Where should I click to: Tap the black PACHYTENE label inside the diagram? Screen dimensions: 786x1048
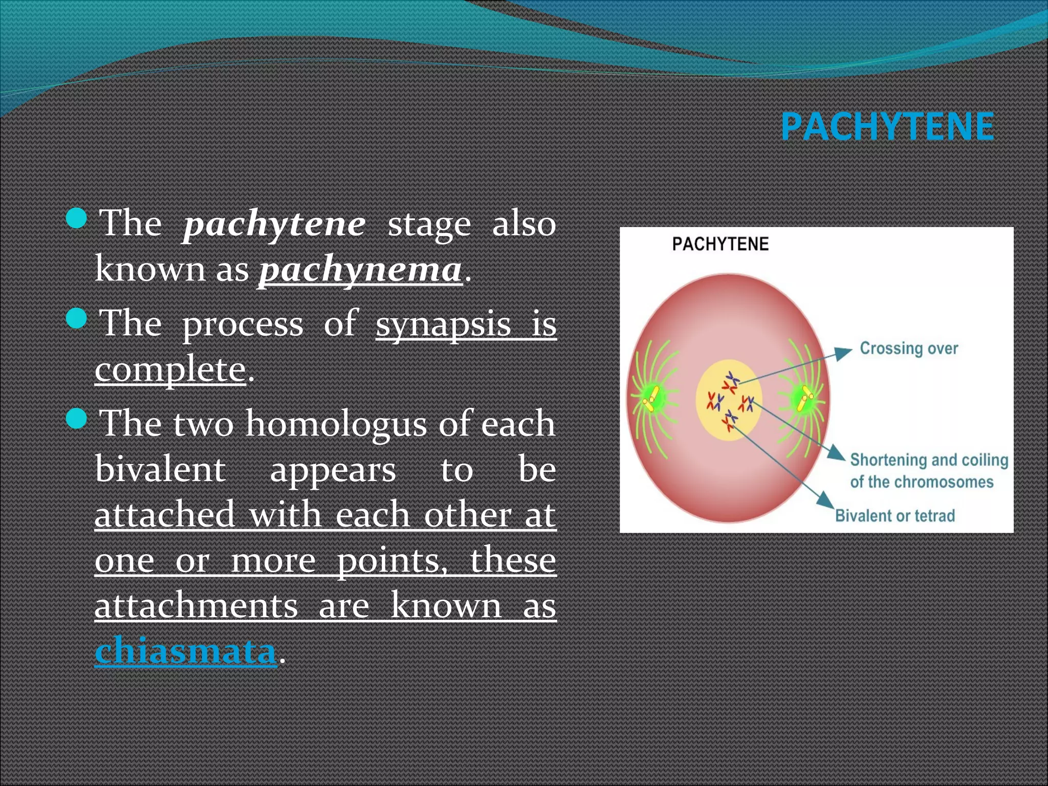click(720, 244)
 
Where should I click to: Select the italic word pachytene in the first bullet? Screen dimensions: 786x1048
click(274, 224)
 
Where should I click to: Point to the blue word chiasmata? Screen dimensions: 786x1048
click(185, 651)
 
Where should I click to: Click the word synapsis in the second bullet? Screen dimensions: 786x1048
click(443, 324)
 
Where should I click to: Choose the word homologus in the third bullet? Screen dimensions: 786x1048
click(336, 424)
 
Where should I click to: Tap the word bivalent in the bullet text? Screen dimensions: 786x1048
click(160, 469)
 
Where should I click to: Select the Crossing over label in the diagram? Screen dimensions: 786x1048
click(908, 348)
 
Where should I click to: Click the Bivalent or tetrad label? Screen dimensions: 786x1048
click(894, 515)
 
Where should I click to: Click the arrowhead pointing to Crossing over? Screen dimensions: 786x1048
click(843, 353)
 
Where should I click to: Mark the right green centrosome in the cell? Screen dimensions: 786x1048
click(804, 398)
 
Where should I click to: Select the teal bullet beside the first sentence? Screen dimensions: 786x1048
click(77, 218)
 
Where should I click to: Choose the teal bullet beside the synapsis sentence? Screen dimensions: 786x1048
click(77, 318)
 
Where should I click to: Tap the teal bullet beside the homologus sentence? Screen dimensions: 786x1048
click(77, 419)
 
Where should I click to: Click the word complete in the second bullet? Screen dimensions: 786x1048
click(170, 369)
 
